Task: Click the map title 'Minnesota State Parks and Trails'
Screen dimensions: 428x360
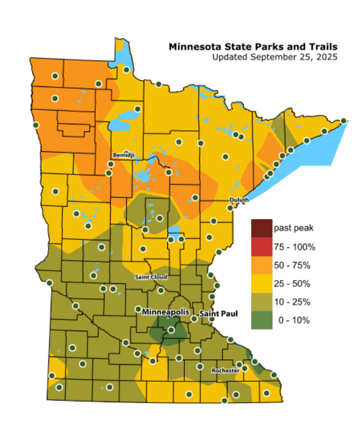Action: point(253,46)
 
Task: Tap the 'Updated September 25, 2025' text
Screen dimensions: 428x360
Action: point(274,57)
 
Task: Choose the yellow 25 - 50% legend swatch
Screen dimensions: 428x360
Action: point(261,283)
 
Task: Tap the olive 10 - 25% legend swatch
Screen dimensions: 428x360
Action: point(261,302)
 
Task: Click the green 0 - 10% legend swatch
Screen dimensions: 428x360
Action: point(261,320)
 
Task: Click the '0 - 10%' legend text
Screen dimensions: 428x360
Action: point(293,320)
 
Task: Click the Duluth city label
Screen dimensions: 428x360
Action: point(239,200)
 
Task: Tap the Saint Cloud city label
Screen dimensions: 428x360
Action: point(151,277)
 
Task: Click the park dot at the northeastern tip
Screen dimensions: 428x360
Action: point(343,120)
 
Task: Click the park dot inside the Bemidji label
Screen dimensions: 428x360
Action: point(127,153)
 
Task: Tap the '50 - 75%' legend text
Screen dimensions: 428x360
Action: point(292,265)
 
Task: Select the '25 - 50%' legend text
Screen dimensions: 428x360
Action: point(292,284)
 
